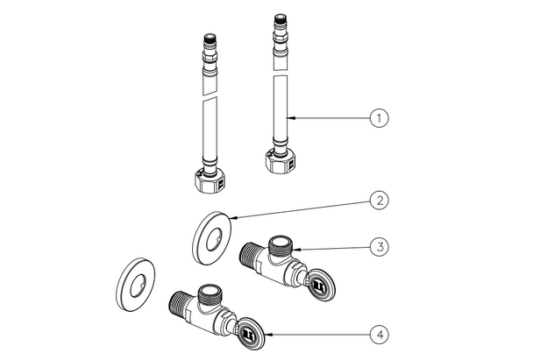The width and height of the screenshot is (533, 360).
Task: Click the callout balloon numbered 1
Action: coord(378,116)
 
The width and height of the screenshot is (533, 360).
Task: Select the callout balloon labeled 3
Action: coord(378,247)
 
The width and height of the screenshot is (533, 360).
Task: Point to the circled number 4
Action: coord(378,334)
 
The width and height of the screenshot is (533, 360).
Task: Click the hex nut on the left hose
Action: coord(208,181)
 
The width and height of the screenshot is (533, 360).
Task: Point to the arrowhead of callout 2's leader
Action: coord(230,218)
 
